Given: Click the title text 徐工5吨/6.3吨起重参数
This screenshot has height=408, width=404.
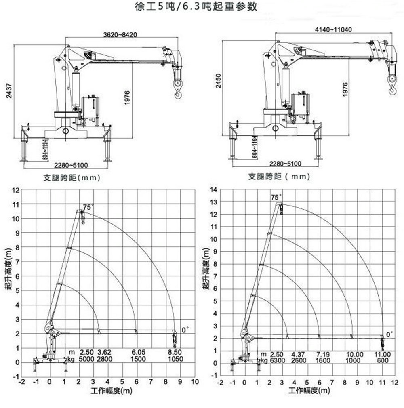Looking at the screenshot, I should (x=197, y=7).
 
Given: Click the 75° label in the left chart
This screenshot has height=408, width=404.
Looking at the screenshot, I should (x=88, y=207).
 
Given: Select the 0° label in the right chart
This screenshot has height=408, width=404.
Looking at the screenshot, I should (x=389, y=334).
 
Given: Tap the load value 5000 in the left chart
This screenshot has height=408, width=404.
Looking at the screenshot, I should (x=87, y=359).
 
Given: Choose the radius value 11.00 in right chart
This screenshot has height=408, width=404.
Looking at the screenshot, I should (x=382, y=354).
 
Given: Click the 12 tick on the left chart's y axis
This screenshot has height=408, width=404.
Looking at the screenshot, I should (x=16, y=190).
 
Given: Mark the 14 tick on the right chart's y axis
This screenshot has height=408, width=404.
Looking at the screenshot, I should (x=215, y=189).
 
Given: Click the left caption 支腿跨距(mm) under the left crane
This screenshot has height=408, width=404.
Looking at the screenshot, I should (x=72, y=177).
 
